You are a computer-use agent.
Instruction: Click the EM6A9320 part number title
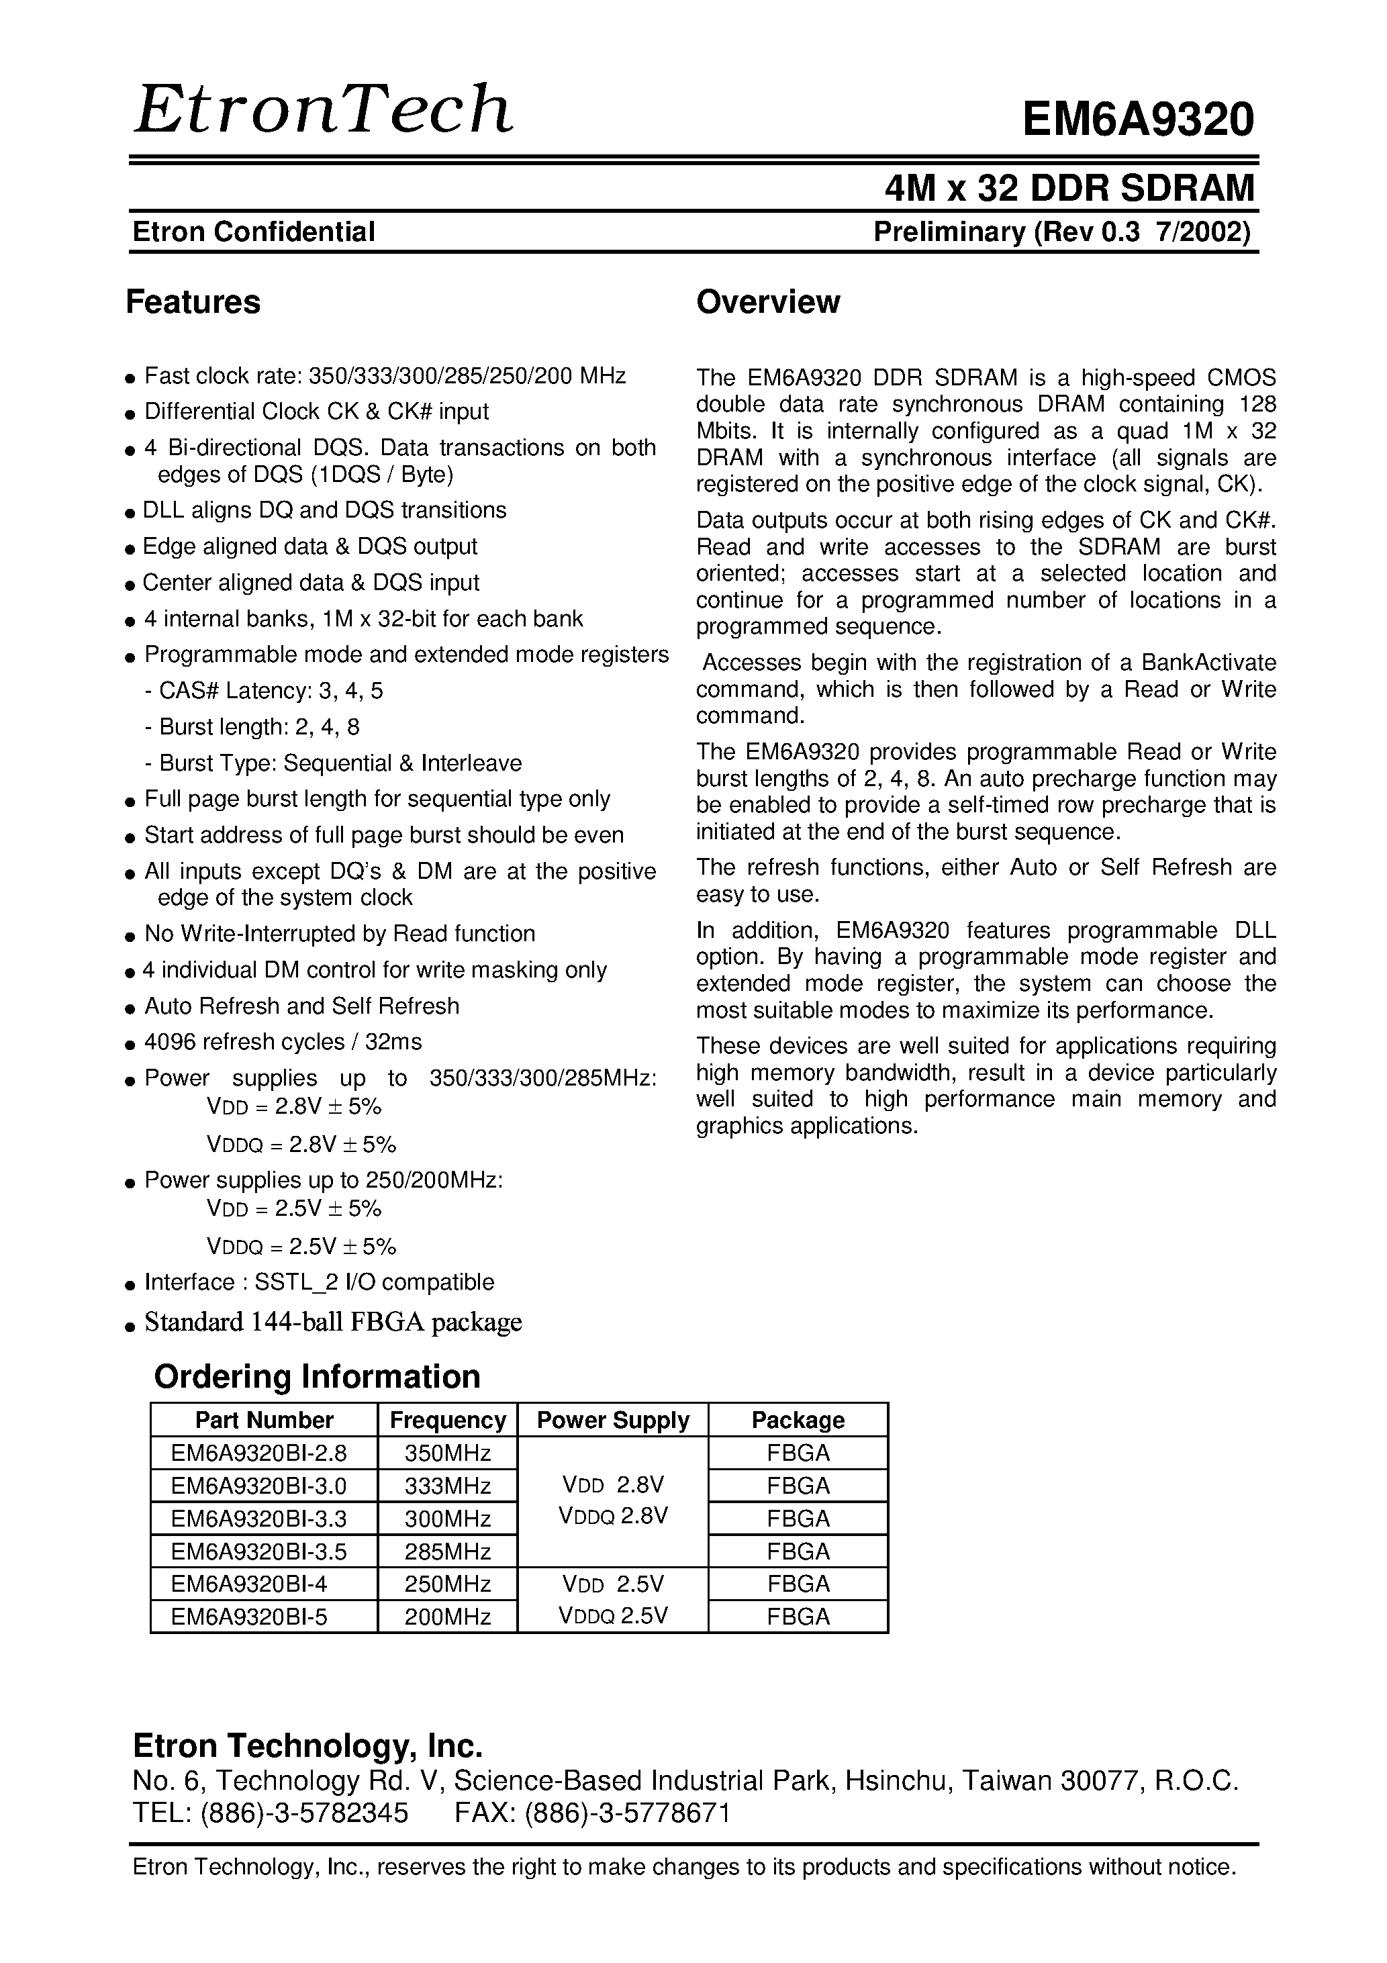(1137, 119)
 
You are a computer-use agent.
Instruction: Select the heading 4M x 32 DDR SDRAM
(1069, 188)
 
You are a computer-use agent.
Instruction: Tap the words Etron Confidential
(254, 232)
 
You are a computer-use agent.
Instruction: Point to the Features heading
(193, 302)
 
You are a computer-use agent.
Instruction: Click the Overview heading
(768, 302)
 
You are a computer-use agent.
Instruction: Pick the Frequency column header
(447, 1420)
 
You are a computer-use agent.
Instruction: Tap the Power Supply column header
(612, 1420)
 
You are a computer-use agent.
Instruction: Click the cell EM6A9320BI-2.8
(259, 1453)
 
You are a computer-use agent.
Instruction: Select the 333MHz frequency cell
(447, 1486)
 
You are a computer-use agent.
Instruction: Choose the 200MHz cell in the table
(447, 1617)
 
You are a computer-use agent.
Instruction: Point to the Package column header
(798, 1420)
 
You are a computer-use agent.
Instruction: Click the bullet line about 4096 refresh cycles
(282, 1041)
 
